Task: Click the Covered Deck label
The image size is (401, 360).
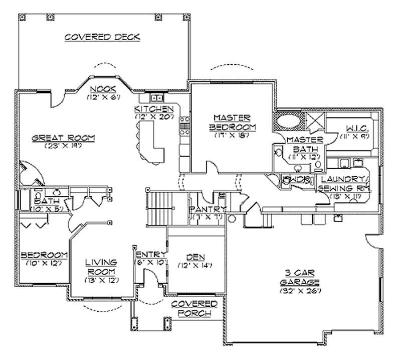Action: (x=102, y=37)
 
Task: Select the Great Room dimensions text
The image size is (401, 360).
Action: (x=63, y=147)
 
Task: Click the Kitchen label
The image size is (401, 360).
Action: (x=154, y=109)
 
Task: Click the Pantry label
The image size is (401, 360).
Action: (x=208, y=209)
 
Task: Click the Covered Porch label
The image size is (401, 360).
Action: (x=194, y=308)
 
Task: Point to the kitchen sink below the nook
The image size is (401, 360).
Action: (x=156, y=97)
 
